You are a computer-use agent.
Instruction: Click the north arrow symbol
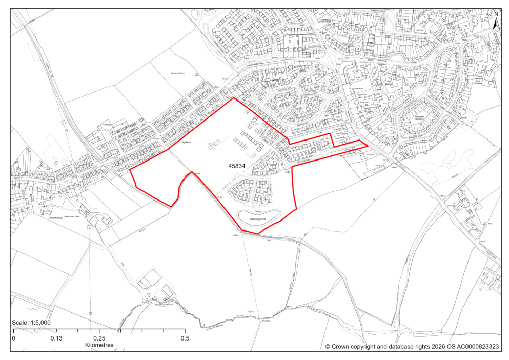[x=496, y=23]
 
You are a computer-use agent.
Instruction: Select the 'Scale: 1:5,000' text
[x=31, y=323]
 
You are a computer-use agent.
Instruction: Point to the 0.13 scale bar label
[x=56, y=338]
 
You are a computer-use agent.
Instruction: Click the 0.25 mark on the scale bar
[x=99, y=338]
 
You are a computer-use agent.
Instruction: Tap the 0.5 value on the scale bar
[x=185, y=338]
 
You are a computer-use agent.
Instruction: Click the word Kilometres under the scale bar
[x=99, y=345]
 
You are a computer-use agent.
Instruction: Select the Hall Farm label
[x=420, y=30]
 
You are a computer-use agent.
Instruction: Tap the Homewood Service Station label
[x=324, y=21]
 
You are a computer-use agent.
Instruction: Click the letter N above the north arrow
[x=496, y=13]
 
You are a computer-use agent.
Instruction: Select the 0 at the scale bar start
[x=14, y=338]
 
